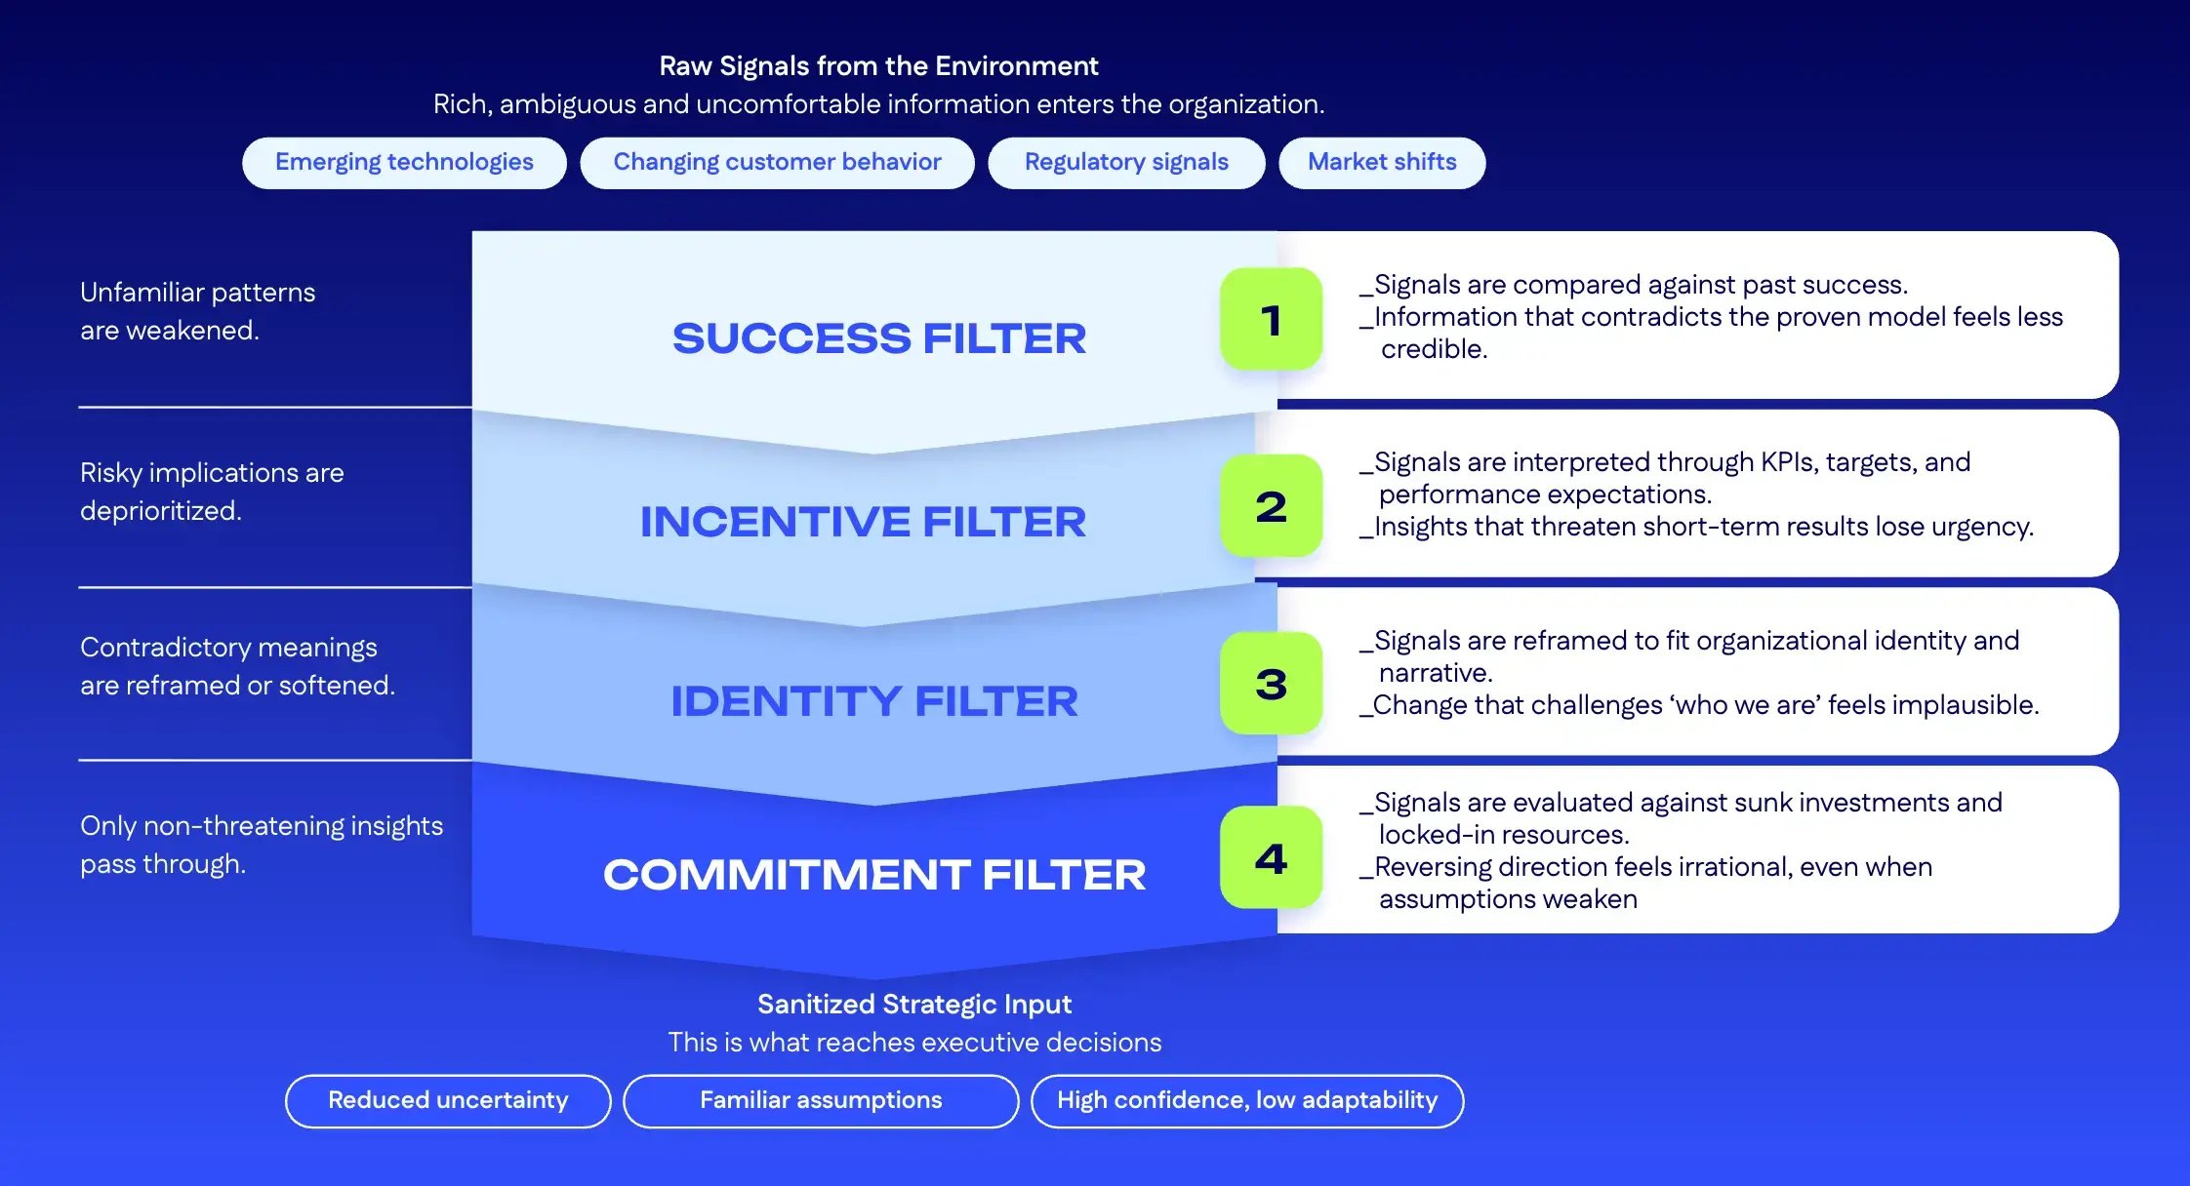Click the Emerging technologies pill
(404, 162)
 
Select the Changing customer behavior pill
(777, 162)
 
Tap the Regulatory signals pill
(1126, 162)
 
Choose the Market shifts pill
(1382, 162)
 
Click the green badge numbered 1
(1271, 319)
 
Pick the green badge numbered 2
(1271, 505)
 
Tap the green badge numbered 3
(1271, 683)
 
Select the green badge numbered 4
(1271, 857)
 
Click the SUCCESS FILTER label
(878, 338)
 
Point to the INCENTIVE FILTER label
(863, 522)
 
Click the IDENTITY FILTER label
(874, 701)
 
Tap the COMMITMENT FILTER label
(874, 875)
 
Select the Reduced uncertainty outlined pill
(448, 1100)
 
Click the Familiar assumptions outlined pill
(821, 1100)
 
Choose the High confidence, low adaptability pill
(1247, 1100)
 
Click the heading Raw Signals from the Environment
(878, 65)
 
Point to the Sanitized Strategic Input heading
(914, 1004)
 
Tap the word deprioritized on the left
(160, 511)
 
